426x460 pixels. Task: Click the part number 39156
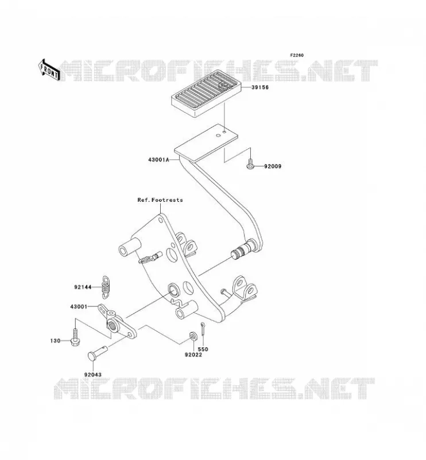click(260, 87)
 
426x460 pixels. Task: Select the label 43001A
click(158, 160)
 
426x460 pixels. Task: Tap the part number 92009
click(273, 166)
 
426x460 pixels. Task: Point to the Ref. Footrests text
click(160, 200)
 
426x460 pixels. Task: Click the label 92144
click(83, 287)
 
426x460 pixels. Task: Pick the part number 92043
click(93, 375)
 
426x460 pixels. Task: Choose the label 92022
click(193, 355)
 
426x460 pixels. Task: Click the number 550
click(203, 349)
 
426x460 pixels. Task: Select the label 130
click(55, 341)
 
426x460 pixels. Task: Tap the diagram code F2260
click(297, 55)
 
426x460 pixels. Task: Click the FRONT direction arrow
click(49, 70)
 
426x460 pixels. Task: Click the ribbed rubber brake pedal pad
click(206, 94)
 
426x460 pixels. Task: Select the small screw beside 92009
click(250, 164)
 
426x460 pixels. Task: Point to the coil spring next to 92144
click(106, 287)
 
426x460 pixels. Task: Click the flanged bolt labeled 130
click(75, 338)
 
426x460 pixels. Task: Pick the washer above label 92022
click(193, 336)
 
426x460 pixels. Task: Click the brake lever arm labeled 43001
click(117, 322)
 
